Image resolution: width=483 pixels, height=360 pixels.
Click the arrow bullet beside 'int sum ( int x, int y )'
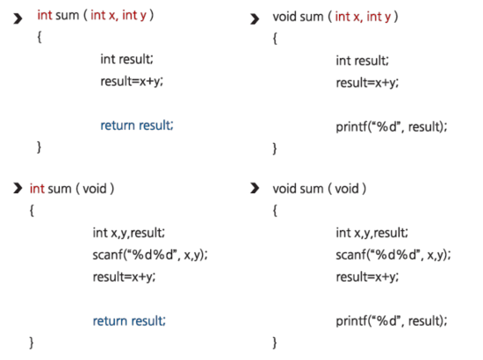pyautogui.click(x=18, y=18)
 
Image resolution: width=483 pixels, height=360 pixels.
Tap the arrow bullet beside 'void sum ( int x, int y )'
pyautogui.click(x=255, y=19)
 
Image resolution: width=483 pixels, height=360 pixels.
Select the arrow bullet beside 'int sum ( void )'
pyautogui.click(x=18, y=188)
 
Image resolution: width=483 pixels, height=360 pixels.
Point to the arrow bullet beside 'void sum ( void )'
pyautogui.click(x=255, y=188)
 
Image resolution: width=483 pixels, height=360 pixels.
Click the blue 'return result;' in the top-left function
pyautogui.click(x=137, y=126)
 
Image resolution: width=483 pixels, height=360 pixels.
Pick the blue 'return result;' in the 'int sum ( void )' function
pyautogui.click(x=129, y=320)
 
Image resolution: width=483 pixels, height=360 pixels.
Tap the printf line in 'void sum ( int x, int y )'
pyautogui.click(x=392, y=126)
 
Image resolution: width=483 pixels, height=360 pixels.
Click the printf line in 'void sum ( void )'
pyautogui.click(x=392, y=320)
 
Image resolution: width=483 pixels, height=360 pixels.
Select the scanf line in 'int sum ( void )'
pyautogui.click(x=150, y=255)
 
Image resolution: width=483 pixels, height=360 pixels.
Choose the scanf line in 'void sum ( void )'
pyautogui.click(x=393, y=255)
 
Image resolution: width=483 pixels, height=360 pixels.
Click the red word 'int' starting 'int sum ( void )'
pyautogui.click(x=37, y=189)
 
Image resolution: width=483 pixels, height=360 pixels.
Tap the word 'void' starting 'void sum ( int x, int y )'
pyautogui.click(x=285, y=17)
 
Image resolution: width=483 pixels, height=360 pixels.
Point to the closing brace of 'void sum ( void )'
pyautogui.click(x=275, y=342)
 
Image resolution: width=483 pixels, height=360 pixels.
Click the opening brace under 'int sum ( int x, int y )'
pyautogui.click(x=40, y=38)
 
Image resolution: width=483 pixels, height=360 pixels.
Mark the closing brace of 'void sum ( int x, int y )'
pyautogui.click(x=275, y=148)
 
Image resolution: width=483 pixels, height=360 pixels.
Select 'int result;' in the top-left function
pyautogui.click(x=127, y=59)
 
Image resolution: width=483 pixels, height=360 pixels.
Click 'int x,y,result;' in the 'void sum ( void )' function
pyautogui.click(x=372, y=233)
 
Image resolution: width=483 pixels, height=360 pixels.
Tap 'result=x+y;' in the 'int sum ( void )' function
pyautogui.click(x=124, y=277)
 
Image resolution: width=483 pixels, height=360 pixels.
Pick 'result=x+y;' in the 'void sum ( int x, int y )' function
pyautogui.click(x=367, y=83)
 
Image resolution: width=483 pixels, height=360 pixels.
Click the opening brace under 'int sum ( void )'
pyautogui.click(x=32, y=211)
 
